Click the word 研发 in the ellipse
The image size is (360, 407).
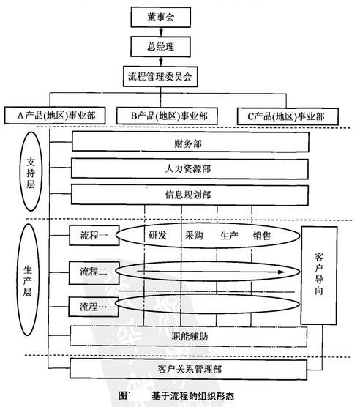coord(158,236)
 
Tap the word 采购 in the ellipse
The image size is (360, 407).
coord(194,236)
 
